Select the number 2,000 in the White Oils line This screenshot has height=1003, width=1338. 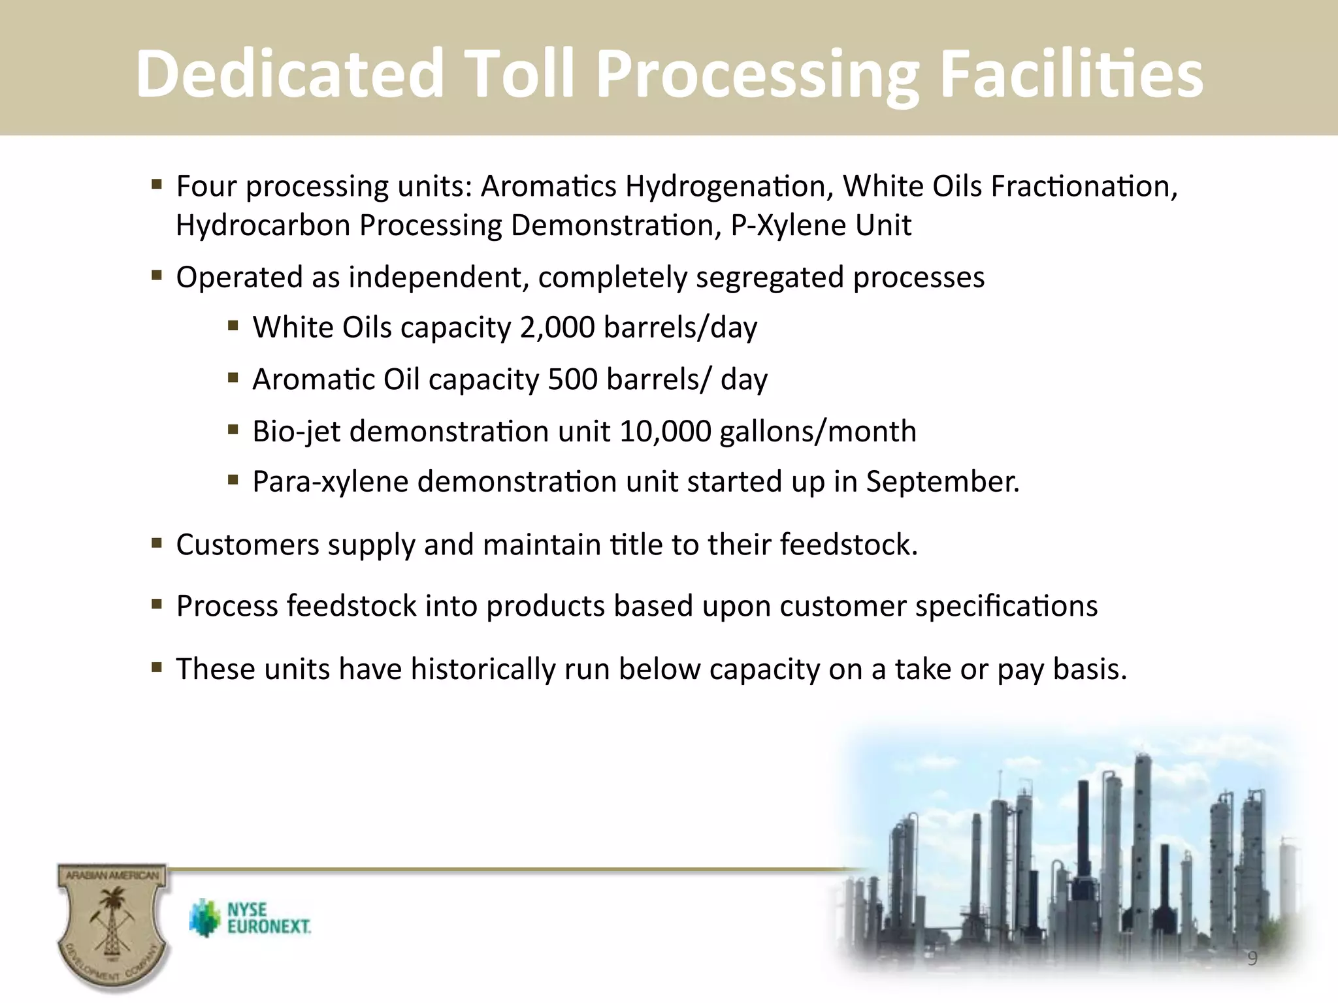pos(557,327)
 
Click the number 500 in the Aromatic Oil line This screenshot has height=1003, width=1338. pos(572,379)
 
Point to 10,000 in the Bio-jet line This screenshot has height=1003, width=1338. pos(665,432)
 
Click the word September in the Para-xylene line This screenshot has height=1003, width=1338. pos(941,482)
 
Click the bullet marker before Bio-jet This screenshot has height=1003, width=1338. pos(233,430)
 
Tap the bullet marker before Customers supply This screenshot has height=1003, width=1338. pos(156,543)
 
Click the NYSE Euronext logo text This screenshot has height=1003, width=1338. pos(268,918)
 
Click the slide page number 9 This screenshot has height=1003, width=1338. pos(1252,958)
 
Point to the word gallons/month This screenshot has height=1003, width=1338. pos(817,432)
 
